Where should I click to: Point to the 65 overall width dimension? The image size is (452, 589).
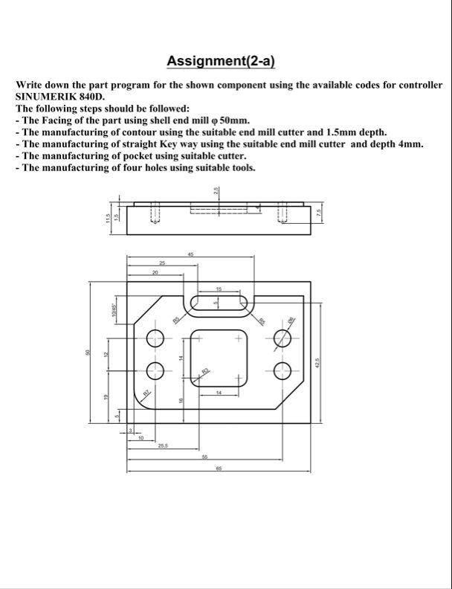click(219, 469)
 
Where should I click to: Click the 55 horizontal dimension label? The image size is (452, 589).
click(204, 457)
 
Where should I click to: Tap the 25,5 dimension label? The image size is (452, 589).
click(164, 445)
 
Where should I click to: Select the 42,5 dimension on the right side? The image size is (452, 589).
click(317, 364)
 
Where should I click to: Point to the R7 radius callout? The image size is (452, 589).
click(146, 392)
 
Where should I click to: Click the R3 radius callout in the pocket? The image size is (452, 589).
click(205, 370)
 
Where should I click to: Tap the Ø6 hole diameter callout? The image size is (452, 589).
click(291, 320)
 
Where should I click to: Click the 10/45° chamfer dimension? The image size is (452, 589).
click(114, 309)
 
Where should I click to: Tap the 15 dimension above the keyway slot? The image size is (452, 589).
click(219, 289)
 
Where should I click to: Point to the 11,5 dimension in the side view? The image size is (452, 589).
click(107, 218)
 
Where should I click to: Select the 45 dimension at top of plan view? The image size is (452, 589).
click(190, 255)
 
